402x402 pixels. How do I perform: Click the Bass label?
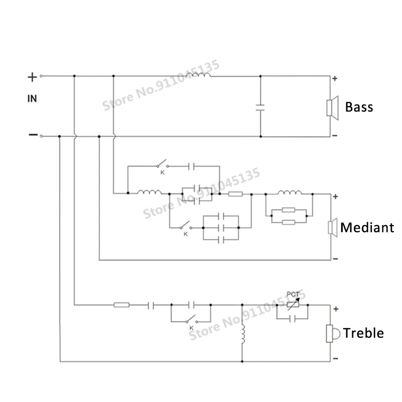[359, 107]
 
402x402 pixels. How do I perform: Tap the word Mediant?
[367, 228]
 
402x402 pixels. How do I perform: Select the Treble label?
[363, 333]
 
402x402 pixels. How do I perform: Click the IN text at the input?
[32, 98]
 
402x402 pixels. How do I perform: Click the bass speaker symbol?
[330, 107]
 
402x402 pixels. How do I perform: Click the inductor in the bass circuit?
[198, 75]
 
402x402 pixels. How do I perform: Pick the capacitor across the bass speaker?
[260, 107]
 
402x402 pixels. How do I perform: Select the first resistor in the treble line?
[122, 304]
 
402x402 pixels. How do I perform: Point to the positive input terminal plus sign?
[32, 77]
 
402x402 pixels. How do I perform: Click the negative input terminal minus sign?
[32, 135]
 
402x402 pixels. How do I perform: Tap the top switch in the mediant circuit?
[163, 164]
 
